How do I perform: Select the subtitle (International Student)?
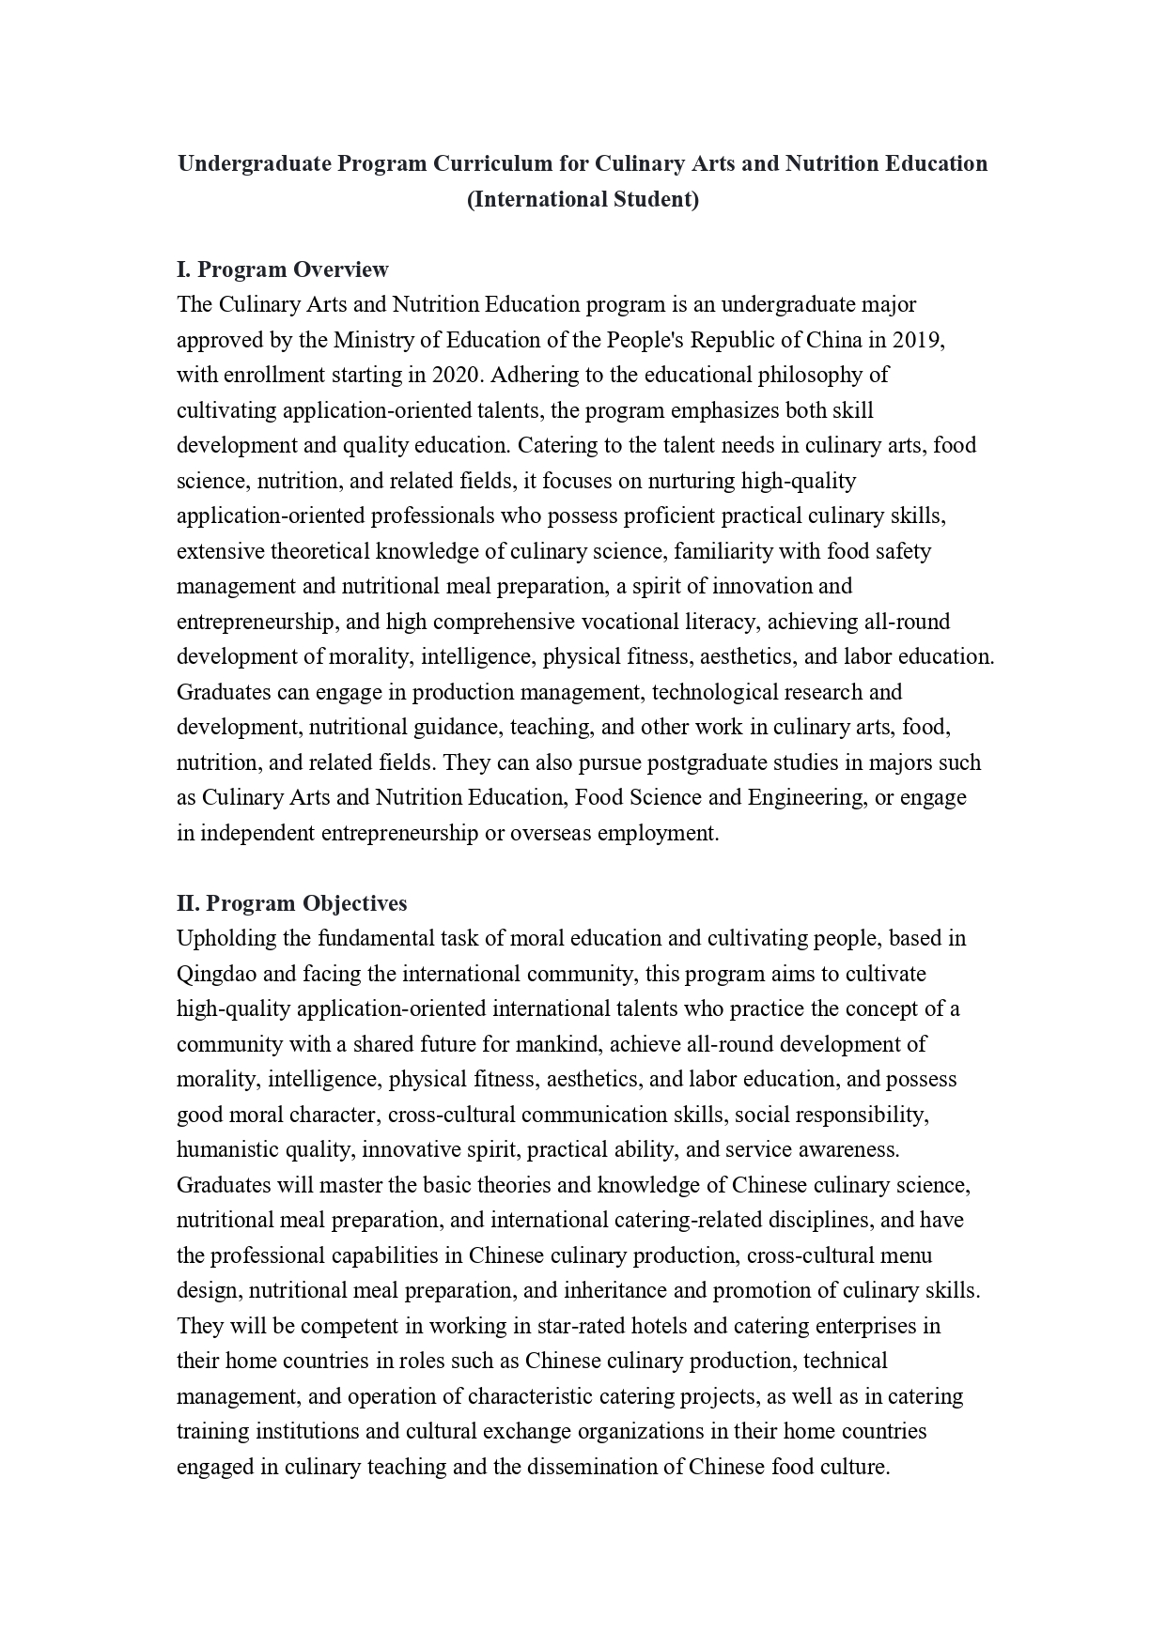pyautogui.click(x=583, y=199)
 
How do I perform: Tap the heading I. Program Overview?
pyautogui.click(x=282, y=269)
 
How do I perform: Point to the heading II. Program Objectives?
pyautogui.click(x=291, y=903)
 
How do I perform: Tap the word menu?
pyautogui.click(x=908, y=1255)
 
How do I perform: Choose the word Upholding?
pyautogui.click(x=221, y=938)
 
